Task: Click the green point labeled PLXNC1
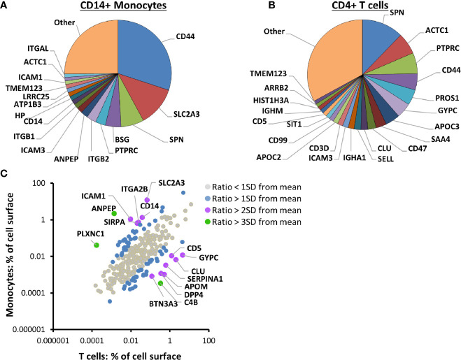point(95,245)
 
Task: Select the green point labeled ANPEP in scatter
point(125,213)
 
